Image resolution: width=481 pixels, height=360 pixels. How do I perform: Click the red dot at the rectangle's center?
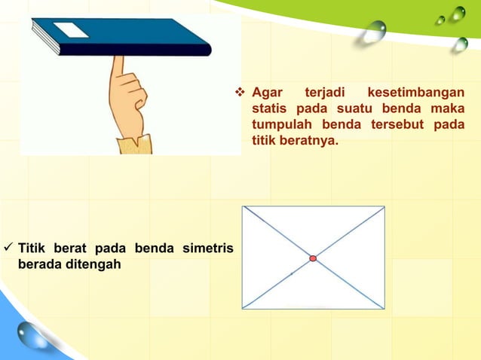(x=313, y=258)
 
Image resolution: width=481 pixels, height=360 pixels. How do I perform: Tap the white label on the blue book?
(x=71, y=30)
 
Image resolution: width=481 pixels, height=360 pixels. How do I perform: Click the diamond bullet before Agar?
(x=240, y=93)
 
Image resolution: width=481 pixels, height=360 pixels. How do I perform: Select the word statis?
(x=269, y=109)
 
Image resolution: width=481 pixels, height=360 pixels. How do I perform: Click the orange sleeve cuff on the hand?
(x=134, y=144)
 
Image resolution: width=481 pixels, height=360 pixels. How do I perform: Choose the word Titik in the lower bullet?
(x=32, y=249)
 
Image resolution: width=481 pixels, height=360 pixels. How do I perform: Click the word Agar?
(x=266, y=93)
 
